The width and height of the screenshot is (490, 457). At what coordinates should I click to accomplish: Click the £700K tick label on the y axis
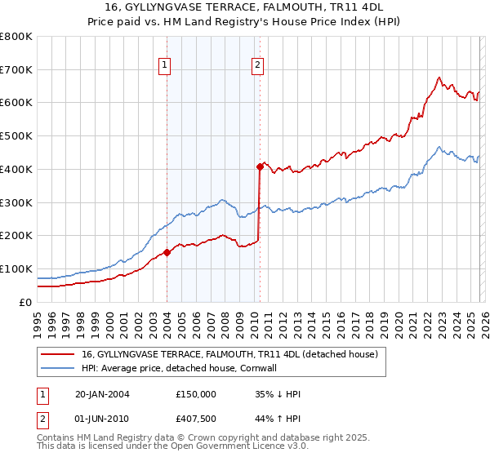tap(16, 69)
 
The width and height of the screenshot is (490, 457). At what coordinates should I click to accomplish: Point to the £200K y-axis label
tap(16, 235)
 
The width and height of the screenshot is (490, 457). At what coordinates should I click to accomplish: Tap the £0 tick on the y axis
tap(25, 302)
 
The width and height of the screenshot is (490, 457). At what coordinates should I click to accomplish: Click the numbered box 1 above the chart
tap(165, 66)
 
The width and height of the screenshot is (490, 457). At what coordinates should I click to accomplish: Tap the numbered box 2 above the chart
tap(257, 66)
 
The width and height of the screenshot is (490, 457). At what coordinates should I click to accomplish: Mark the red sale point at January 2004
tap(167, 252)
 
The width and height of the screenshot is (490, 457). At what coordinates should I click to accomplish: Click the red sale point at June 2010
tap(260, 166)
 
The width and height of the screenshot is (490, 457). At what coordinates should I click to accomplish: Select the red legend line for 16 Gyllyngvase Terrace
tap(58, 355)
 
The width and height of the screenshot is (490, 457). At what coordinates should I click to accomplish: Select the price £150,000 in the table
tap(194, 394)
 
